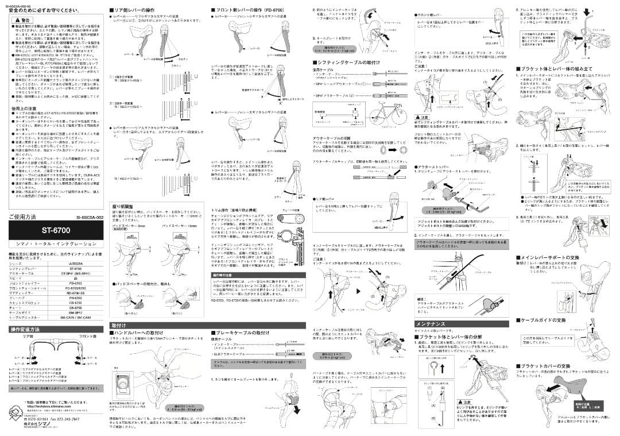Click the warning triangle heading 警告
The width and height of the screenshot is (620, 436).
[x=22, y=20]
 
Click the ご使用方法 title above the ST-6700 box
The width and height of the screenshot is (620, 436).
[x=23, y=217]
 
